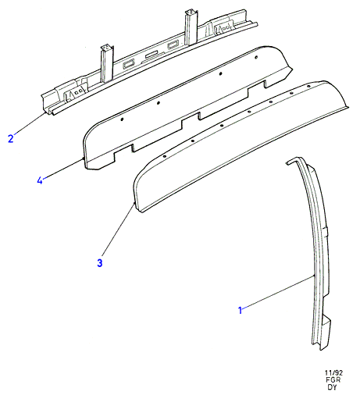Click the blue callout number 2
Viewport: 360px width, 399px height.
[10, 138]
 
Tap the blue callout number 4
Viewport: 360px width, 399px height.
[40, 180]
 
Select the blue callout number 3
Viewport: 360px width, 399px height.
[100, 263]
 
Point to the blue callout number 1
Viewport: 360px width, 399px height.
[241, 310]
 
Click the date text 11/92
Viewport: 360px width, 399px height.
[333, 373]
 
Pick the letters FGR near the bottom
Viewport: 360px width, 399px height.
[333, 380]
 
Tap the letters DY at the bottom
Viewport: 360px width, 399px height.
[332, 387]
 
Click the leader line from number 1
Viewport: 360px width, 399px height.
[278, 293]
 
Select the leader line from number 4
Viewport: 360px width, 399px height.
[62, 169]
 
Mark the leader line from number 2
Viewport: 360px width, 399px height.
[30, 124]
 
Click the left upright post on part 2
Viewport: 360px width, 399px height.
[107, 64]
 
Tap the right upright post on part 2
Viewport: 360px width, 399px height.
[191, 27]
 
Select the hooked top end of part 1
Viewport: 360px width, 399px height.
[294, 161]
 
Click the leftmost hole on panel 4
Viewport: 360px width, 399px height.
[122, 119]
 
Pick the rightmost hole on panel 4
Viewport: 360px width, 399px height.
[256, 57]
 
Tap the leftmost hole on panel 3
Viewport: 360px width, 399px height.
[165, 156]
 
